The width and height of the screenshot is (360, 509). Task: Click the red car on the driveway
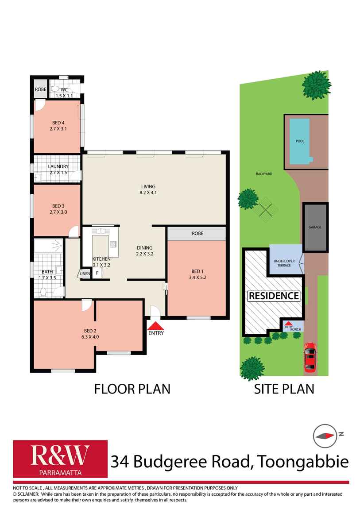point(310,357)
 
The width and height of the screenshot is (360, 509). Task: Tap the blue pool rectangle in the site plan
point(300,140)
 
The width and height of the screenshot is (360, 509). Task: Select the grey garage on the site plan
point(315,227)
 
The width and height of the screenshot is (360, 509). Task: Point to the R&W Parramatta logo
point(60,459)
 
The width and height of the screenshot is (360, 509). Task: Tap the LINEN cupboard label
point(85,274)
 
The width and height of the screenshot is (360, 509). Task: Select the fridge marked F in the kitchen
point(97,273)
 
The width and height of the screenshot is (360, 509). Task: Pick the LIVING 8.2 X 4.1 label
point(149,189)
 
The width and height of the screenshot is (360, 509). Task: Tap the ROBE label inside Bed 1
point(197,233)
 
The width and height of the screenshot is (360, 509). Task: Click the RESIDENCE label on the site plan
point(274,295)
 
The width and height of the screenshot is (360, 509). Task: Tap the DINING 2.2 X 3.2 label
point(144,251)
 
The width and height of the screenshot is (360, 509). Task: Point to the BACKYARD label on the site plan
point(263,174)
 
